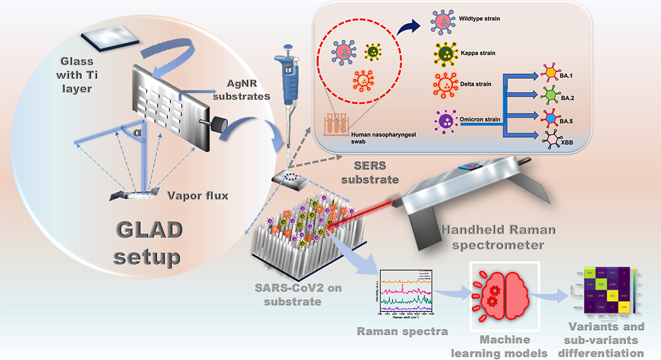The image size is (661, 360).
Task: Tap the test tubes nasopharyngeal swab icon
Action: (x=337, y=123)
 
